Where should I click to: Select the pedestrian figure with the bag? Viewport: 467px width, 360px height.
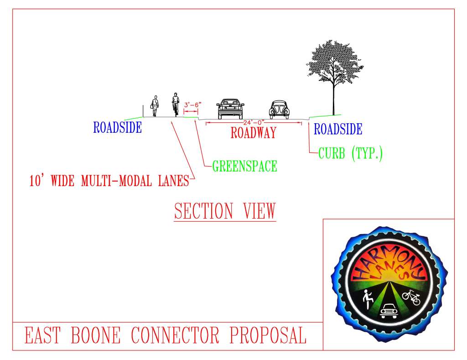pyautogui.click(x=155, y=106)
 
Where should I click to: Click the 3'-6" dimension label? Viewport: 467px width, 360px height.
pyautogui.click(x=192, y=105)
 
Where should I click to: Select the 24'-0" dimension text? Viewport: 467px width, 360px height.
pyautogui.click(x=254, y=122)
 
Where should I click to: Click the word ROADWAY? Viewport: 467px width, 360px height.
pyautogui.click(x=254, y=133)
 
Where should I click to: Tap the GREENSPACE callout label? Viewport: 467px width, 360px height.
pyautogui.click(x=244, y=166)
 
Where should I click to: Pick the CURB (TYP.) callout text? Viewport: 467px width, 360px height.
pyautogui.click(x=350, y=154)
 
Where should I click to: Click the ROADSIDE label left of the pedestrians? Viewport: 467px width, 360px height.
pyautogui.click(x=117, y=128)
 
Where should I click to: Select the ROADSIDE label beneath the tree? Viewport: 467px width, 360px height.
pyautogui.click(x=338, y=129)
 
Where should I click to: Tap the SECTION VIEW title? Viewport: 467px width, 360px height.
pyautogui.click(x=225, y=211)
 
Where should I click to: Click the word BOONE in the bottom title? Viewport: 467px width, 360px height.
pyautogui.click(x=96, y=336)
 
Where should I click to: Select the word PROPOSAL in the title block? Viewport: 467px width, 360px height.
pyautogui.click(x=267, y=336)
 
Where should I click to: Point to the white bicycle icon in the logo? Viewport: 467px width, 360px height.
pyautogui.click(x=411, y=297)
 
